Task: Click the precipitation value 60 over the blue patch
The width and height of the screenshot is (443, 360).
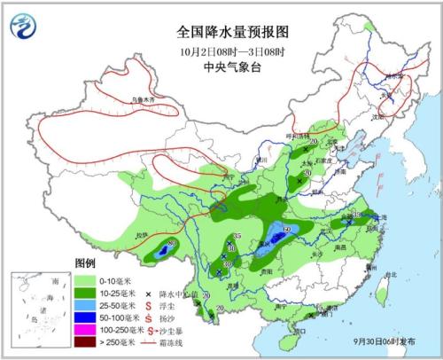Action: (x=287, y=229)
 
